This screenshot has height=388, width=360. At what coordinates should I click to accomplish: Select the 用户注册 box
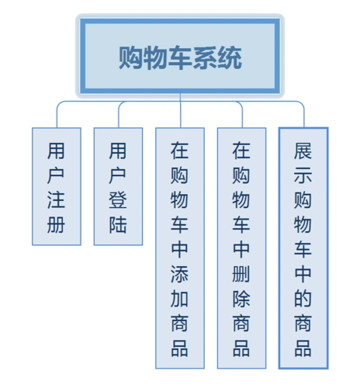[56, 186]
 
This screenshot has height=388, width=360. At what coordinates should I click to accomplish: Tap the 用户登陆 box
[118, 186]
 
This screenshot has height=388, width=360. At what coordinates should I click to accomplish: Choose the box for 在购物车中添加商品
[180, 247]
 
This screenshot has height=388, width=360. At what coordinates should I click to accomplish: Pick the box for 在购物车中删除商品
[242, 247]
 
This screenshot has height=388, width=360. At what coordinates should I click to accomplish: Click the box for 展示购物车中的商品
[303, 247]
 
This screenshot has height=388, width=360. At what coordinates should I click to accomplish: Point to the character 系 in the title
[206, 57]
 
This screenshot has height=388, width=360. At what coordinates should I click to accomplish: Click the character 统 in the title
[230, 57]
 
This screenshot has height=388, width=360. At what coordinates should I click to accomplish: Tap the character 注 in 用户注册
[56, 201]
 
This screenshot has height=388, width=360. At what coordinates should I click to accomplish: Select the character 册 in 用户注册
[56, 226]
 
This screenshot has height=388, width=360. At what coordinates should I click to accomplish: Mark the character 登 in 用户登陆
[118, 201]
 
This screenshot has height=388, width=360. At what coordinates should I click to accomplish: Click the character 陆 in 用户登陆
[118, 226]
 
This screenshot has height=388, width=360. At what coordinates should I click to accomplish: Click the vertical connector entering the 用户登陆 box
[118, 116]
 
